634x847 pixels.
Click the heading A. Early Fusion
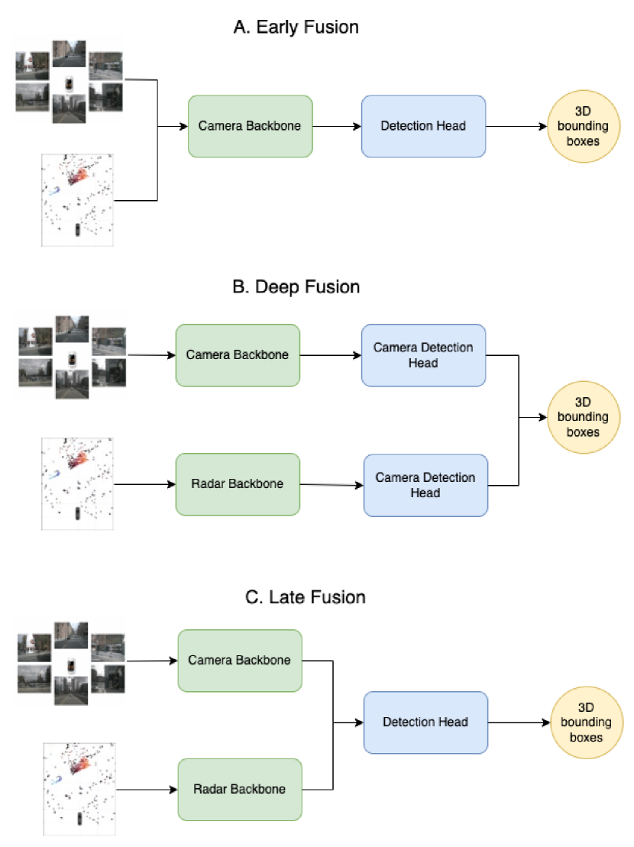pyautogui.click(x=296, y=27)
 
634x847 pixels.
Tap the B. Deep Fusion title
pyautogui.click(x=296, y=287)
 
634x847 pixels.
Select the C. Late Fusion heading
pyautogui.click(x=306, y=596)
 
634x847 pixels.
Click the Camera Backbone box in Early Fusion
pyautogui.click(x=250, y=126)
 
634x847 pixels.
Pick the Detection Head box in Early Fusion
pyautogui.click(x=424, y=126)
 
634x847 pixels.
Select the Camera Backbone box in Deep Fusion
pyautogui.click(x=238, y=355)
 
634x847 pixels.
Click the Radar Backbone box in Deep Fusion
pyautogui.click(x=238, y=483)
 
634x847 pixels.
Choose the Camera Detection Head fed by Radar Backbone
pyautogui.click(x=425, y=485)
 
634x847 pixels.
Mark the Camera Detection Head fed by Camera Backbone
pyautogui.click(x=423, y=355)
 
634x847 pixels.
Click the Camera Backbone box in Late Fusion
pyautogui.click(x=240, y=660)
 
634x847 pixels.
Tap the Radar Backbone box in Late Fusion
pyautogui.click(x=240, y=789)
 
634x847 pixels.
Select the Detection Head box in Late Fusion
pyautogui.click(x=425, y=722)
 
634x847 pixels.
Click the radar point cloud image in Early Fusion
pyautogui.click(x=77, y=200)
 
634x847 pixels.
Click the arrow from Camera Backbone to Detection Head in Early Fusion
pyautogui.click(x=336, y=127)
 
